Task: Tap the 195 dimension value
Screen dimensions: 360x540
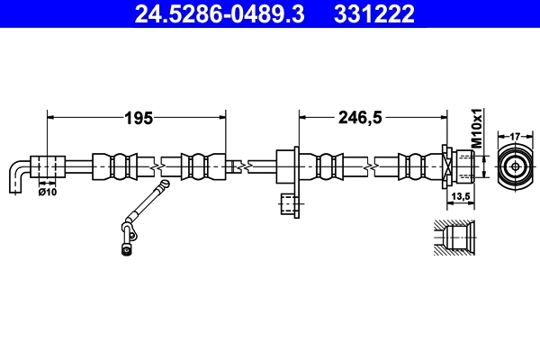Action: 138,117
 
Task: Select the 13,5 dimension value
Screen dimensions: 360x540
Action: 460,196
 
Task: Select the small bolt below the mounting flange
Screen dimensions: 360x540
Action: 288,205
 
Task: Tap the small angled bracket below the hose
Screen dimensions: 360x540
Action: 140,216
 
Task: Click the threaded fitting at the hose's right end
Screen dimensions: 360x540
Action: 460,166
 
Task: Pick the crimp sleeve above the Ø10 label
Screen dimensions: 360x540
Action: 49,167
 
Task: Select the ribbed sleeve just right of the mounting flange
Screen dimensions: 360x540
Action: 327,167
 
